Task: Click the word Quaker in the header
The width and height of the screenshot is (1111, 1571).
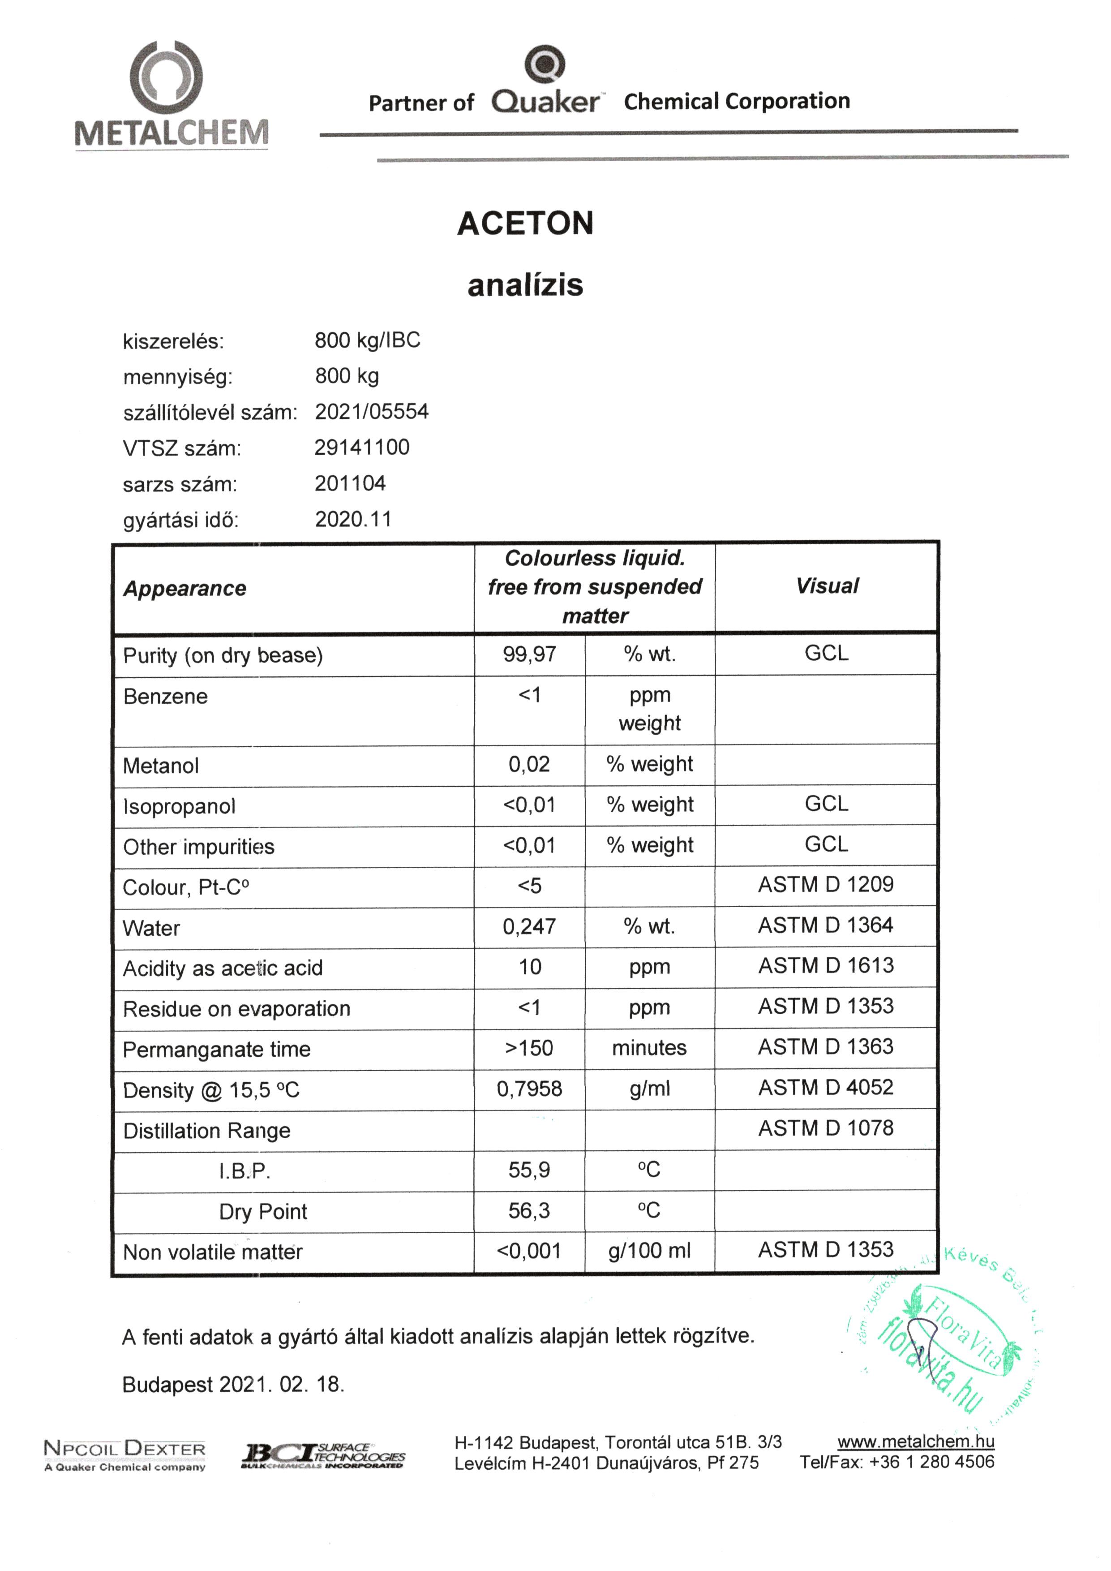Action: (x=545, y=102)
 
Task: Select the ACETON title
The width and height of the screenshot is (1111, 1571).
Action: (x=525, y=224)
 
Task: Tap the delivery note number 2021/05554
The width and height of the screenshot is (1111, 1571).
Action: (x=372, y=412)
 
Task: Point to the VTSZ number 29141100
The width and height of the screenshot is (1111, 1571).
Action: (x=362, y=448)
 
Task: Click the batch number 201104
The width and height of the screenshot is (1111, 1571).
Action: (x=350, y=484)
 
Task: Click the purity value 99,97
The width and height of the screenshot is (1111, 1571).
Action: (x=529, y=655)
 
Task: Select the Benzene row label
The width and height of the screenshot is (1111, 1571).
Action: (x=166, y=697)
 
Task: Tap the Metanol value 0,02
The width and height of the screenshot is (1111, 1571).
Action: (x=529, y=764)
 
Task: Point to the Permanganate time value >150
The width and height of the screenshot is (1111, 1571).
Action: (x=529, y=1048)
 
